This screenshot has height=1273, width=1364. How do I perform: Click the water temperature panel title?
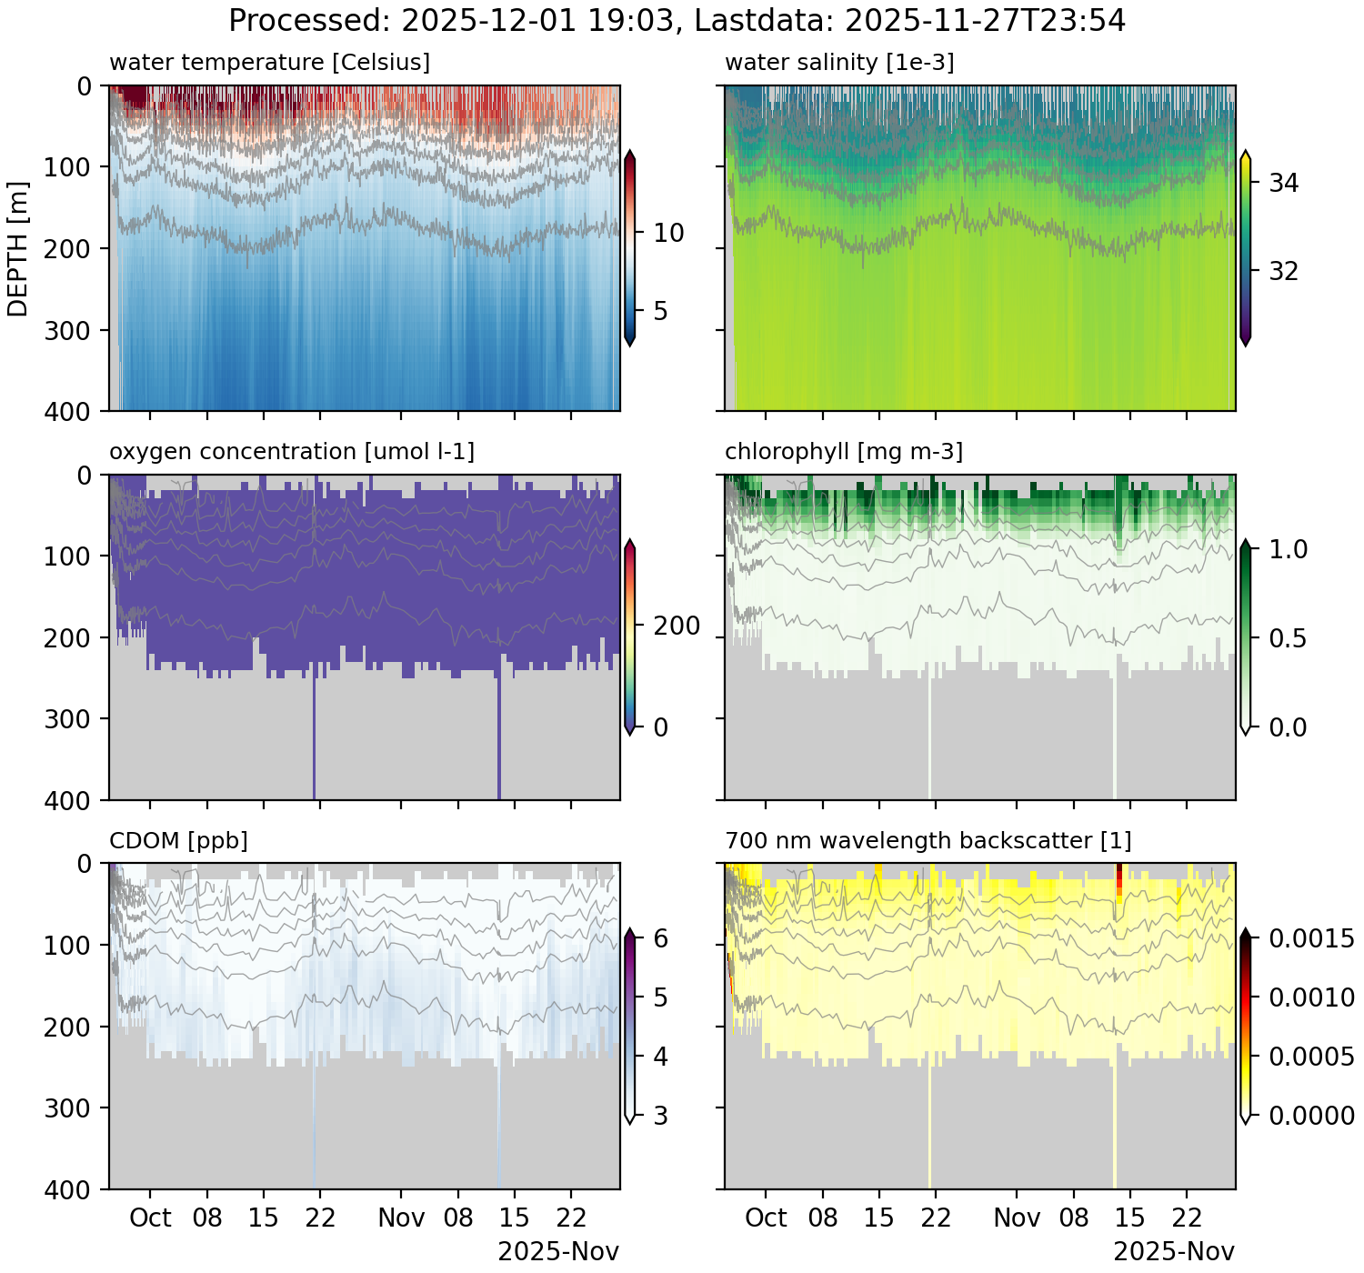coord(269,63)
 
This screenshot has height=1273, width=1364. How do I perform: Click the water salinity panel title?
coord(839,63)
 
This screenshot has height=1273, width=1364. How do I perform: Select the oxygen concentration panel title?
coord(292,452)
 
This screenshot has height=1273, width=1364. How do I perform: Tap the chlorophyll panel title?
coord(844,452)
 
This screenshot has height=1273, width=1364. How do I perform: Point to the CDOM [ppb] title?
coord(178,840)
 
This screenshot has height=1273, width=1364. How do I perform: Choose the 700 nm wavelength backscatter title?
coord(928,840)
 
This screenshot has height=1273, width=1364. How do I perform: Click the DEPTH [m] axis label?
coord(17,248)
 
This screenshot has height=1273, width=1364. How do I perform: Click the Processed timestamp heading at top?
coord(677,20)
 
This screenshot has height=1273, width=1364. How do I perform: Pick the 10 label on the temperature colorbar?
coord(668,234)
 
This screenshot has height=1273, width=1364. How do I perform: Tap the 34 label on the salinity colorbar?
coord(1283,184)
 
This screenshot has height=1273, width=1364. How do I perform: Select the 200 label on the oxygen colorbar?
coord(677,626)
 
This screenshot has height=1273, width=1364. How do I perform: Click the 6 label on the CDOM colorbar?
coord(660,938)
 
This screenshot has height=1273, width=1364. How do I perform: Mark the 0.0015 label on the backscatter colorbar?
coord(1311,938)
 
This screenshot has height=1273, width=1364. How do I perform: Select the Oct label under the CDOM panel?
coord(150,1218)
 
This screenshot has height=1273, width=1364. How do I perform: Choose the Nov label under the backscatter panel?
coord(1017,1218)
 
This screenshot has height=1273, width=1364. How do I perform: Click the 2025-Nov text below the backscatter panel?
coord(1174,1252)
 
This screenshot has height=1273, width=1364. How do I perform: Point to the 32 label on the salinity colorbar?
coord(1283,272)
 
